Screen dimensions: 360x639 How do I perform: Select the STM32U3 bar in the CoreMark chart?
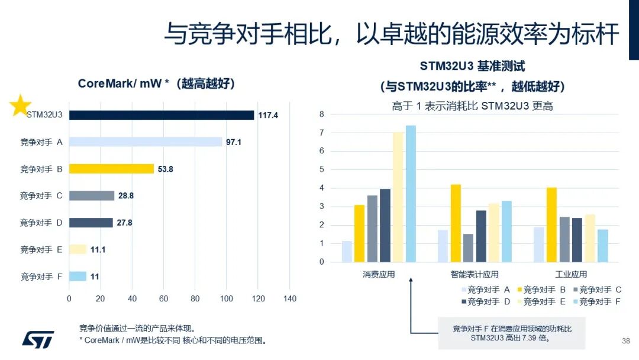tap(161, 115)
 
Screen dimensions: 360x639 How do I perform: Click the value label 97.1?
tap(235, 142)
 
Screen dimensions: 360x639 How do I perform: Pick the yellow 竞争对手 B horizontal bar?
tap(111, 169)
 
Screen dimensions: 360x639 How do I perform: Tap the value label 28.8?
tap(126, 195)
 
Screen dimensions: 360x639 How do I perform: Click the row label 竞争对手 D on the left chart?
tap(41, 223)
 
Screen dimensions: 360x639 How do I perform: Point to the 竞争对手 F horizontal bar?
tap(78, 277)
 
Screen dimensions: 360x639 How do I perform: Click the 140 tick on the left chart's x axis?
tap(289, 299)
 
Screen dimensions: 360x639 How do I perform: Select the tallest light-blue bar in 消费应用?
tap(411, 194)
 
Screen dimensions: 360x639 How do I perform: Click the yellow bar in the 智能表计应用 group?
tap(456, 223)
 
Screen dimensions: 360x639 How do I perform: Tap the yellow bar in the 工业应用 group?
tap(551, 224)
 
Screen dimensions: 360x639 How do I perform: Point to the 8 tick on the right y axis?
tap(322, 114)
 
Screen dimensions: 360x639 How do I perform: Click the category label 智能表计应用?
tap(475, 275)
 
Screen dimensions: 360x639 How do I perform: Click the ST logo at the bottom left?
tap(38, 338)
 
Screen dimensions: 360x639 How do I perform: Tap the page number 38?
tap(626, 341)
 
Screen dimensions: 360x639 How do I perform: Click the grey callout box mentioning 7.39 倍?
tap(511, 333)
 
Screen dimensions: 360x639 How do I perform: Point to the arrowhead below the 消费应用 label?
tap(411, 283)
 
